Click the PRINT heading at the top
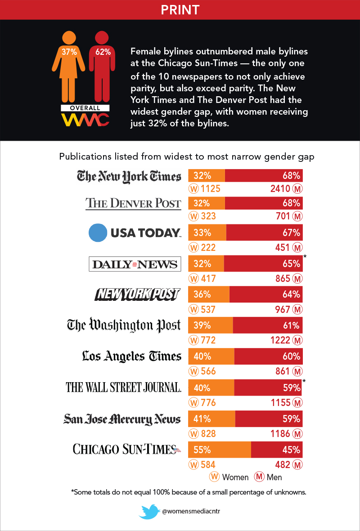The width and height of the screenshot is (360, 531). pyautogui.click(x=180, y=9)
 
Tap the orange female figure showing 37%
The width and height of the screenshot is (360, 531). pyautogui.click(x=69, y=67)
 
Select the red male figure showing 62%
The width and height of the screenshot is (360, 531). pyautogui.click(x=103, y=67)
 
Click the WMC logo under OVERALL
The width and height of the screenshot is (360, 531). pyautogui.click(x=85, y=120)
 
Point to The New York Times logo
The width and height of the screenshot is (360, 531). pyautogui.click(x=129, y=176)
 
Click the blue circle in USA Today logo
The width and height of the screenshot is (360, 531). pyautogui.click(x=97, y=232)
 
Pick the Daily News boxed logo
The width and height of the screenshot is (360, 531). pyautogui.click(x=135, y=264)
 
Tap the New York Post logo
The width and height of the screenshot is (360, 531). pyautogui.click(x=137, y=295)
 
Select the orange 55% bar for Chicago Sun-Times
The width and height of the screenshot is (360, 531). pyautogui.click(x=219, y=449)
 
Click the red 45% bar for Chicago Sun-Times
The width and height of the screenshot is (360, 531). pyautogui.click(x=276, y=449)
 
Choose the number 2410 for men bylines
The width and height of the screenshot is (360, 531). pyautogui.click(x=280, y=188)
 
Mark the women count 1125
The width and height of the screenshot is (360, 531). pyautogui.click(x=211, y=188)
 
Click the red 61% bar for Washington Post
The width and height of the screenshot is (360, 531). pyautogui.click(x=267, y=326)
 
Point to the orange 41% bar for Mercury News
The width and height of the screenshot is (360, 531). pyautogui.click(x=211, y=419)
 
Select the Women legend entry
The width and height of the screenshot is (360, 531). pyautogui.click(x=229, y=477)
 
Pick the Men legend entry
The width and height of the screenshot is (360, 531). pyautogui.click(x=269, y=477)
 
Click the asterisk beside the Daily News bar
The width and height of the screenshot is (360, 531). pyautogui.click(x=305, y=256)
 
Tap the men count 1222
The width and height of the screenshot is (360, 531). pyautogui.click(x=280, y=340)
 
